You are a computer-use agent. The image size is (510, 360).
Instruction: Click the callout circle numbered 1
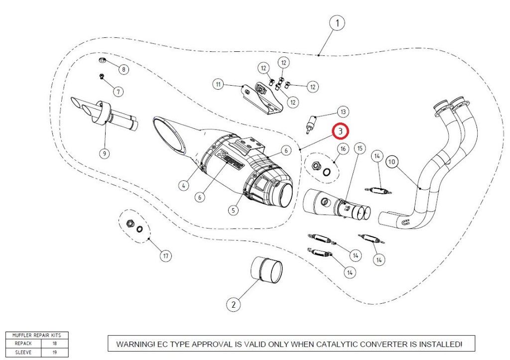[x=337, y=23]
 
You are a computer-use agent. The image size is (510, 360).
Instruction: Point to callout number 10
[x=392, y=162]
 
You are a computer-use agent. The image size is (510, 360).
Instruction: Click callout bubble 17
[x=166, y=256]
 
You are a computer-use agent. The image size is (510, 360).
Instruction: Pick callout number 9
[x=105, y=153]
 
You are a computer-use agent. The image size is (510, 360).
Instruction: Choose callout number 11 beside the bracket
[x=218, y=85]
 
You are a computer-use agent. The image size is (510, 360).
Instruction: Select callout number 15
[x=360, y=148]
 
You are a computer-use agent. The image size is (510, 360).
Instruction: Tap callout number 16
[x=343, y=149]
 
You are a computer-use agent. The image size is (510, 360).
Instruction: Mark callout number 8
[x=123, y=70]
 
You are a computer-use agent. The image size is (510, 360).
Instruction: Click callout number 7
[x=118, y=92]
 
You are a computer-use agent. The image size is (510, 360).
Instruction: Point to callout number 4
[x=184, y=185]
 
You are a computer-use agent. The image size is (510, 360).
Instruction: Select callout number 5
[x=233, y=210]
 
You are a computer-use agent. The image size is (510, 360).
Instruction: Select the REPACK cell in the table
[x=23, y=344]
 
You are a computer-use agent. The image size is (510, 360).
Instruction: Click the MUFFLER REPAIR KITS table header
[x=36, y=336]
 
